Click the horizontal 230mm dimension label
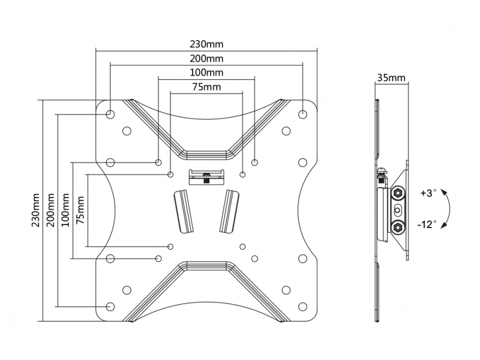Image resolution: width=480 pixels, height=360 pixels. [x=206, y=44]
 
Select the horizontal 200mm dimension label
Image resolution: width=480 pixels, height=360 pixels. [x=206, y=58]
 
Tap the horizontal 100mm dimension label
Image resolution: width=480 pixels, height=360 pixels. [x=206, y=73]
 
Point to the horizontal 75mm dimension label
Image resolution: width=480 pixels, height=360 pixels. [x=206, y=87]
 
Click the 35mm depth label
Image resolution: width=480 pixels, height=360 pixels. [x=391, y=78]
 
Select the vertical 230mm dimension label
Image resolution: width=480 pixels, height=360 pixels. [x=36, y=210]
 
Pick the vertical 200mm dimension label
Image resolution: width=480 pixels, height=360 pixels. [x=51, y=210]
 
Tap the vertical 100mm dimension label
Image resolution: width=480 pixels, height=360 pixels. [x=65, y=210]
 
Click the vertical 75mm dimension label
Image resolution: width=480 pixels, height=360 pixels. [x=80, y=210]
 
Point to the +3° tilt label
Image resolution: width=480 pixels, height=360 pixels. [x=428, y=193]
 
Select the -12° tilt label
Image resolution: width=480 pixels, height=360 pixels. [x=427, y=224]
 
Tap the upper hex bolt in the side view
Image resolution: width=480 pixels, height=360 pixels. [x=398, y=193]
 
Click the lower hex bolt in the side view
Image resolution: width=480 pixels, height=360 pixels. [x=398, y=227]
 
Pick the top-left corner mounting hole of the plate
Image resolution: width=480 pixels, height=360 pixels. [x=110, y=115]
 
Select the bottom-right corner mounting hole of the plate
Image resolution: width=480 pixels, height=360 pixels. [x=302, y=307]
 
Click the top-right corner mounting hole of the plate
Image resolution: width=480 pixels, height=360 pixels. [x=302, y=115]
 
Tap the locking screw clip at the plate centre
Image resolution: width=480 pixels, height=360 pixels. [x=206, y=177]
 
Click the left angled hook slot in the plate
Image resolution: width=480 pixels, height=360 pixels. [x=184, y=211]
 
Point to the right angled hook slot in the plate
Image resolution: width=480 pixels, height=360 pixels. [x=229, y=211]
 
